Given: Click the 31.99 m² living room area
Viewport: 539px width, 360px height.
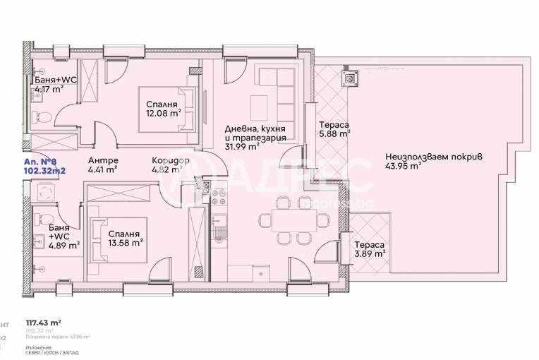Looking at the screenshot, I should (240, 148).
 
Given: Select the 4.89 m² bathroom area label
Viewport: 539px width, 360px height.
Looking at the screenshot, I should (64, 245).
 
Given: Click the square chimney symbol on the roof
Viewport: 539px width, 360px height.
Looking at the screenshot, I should (349, 76).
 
